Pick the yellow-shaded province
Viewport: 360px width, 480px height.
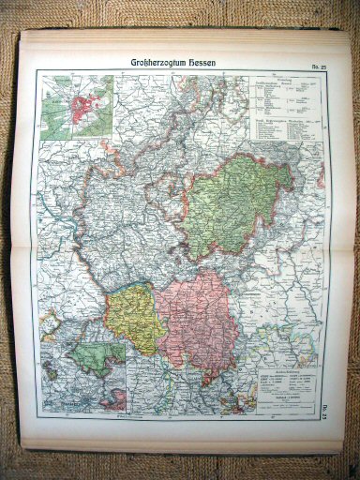[x=133, y=319]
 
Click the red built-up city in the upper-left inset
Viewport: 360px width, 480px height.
[x=81, y=102]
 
